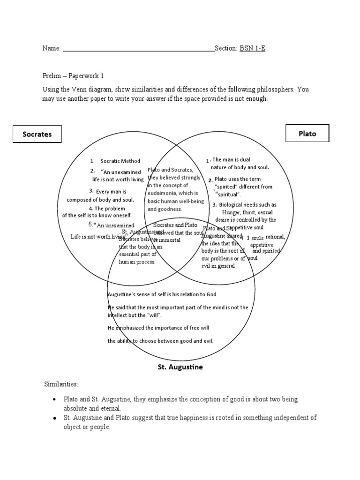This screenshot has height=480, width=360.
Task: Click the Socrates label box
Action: point(37,134)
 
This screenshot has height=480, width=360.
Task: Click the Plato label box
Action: point(307,133)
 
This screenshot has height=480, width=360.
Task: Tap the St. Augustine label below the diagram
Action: point(180,367)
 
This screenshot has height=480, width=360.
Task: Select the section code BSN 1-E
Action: point(253,48)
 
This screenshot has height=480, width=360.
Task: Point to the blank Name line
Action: point(138,49)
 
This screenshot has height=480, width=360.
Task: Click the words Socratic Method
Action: point(120,161)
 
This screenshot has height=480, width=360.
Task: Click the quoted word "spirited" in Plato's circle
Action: point(226,187)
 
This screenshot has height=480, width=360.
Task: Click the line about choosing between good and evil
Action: point(160,341)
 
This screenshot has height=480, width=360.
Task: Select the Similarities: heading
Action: point(61,384)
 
